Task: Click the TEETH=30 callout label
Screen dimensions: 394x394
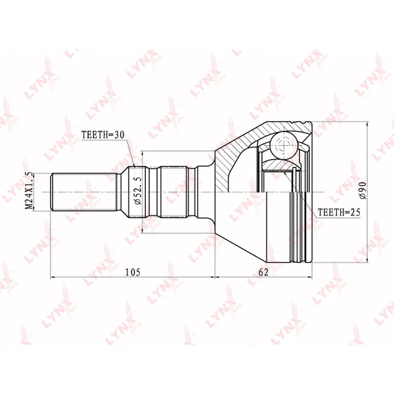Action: pyautogui.click(x=103, y=135)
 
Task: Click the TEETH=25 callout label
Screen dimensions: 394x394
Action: pyautogui.click(x=339, y=213)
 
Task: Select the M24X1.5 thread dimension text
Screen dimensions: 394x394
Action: pyautogui.click(x=29, y=191)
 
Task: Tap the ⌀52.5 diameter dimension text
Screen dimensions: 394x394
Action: pyautogui.click(x=138, y=190)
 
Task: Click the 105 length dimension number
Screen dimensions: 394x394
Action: pyautogui.click(x=133, y=272)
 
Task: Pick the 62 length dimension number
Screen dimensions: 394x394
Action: pyautogui.click(x=263, y=272)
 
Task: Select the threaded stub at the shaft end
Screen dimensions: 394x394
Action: pyautogui.click(x=84, y=192)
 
